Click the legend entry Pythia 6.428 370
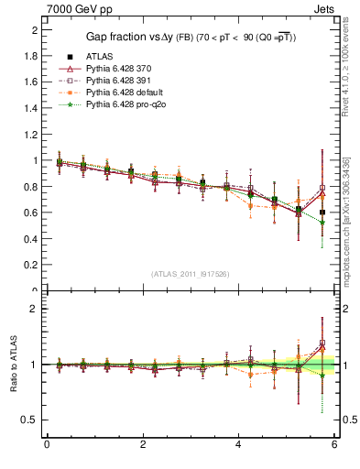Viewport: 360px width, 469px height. pos(109,70)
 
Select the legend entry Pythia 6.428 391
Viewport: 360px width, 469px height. pos(109,82)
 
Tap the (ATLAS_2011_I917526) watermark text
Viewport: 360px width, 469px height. pos(191,274)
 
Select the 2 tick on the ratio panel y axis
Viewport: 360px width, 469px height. pos(34,309)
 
